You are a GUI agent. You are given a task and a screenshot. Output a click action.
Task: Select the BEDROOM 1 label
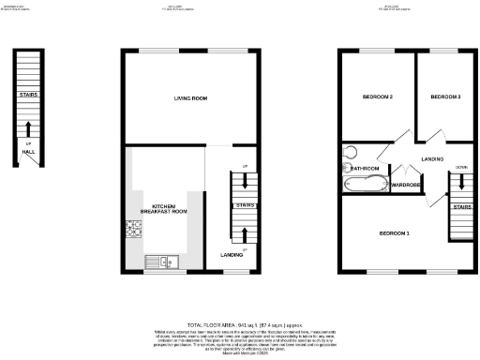point(394,232)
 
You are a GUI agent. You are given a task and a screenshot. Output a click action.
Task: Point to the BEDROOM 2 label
point(377,97)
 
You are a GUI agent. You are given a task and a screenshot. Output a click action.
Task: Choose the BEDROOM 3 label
point(445,97)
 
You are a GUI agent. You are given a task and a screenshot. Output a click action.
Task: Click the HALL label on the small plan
point(28,152)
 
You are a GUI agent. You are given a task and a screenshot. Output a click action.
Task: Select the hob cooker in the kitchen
point(130,229)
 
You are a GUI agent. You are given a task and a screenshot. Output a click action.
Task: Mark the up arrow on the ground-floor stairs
point(245,234)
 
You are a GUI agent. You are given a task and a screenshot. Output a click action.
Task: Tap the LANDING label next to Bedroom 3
point(433,159)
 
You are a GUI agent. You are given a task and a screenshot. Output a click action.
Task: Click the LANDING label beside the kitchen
point(232,255)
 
